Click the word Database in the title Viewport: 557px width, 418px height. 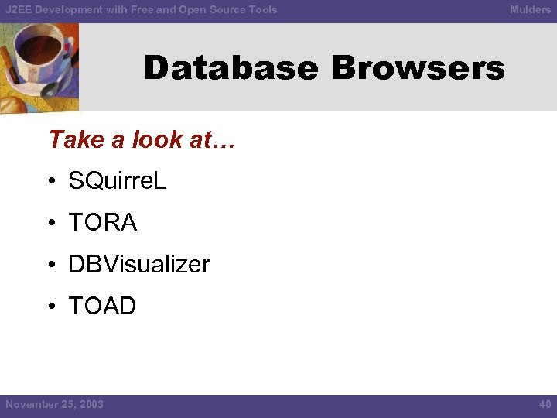[x=231, y=68]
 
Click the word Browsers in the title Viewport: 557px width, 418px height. [x=418, y=68]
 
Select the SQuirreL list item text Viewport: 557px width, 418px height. [x=118, y=181]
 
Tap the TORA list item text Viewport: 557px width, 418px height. [x=103, y=223]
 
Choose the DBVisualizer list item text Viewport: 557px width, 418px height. [x=139, y=265]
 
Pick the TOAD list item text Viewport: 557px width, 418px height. [x=102, y=307]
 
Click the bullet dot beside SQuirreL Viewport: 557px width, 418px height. [x=50, y=183]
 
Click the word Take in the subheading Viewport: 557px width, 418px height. [x=76, y=139]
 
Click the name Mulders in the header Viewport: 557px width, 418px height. [x=530, y=9]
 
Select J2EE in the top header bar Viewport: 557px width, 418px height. [x=19, y=9]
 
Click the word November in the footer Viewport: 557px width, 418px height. [x=31, y=404]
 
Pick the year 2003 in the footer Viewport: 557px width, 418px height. [x=91, y=404]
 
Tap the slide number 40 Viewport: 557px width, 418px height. [x=544, y=404]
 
